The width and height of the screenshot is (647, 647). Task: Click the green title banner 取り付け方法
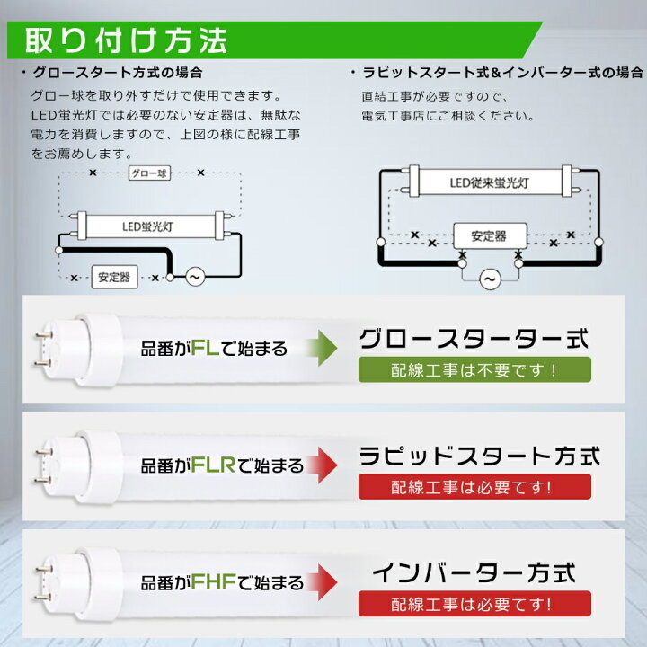(x=274, y=40)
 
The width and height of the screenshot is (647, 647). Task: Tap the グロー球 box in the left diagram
(x=149, y=173)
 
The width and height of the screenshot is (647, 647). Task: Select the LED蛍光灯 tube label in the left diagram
(x=147, y=226)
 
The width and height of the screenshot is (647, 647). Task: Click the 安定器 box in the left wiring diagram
(x=114, y=277)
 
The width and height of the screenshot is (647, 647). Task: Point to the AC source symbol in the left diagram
(x=195, y=277)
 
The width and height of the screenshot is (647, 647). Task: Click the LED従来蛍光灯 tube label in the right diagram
(x=490, y=182)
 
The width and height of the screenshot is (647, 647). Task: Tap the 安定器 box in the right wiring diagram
(x=490, y=236)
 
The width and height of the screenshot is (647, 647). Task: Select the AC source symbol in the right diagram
(x=490, y=279)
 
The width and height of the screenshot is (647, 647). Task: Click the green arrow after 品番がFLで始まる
(x=322, y=348)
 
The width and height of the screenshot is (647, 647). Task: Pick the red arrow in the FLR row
(x=323, y=465)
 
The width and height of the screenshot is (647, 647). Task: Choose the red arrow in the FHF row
(x=323, y=582)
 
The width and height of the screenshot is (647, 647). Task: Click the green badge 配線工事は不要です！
(x=474, y=369)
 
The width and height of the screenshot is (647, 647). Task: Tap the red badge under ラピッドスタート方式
(x=474, y=487)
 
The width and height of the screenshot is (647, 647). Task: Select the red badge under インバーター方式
(x=474, y=604)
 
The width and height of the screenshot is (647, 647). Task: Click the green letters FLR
(x=213, y=465)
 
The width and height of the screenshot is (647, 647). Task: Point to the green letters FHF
(x=213, y=582)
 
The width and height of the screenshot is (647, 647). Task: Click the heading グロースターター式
(x=474, y=339)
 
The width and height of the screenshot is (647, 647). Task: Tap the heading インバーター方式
(x=474, y=573)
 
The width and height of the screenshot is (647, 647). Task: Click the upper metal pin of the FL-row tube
(x=43, y=334)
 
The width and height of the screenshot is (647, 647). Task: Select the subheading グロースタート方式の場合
(x=118, y=73)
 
